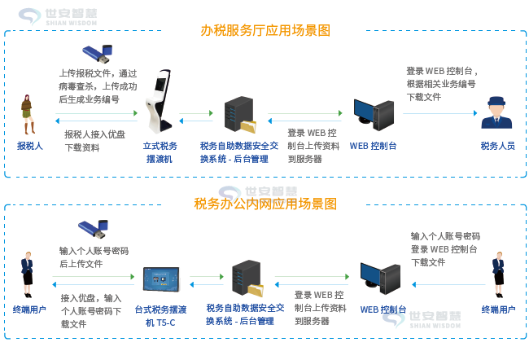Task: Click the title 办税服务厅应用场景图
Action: click(x=265, y=31)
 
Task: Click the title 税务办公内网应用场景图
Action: click(x=265, y=204)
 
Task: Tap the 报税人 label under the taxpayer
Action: click(x=29, y=147)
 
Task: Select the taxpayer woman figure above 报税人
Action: click(x=28, y=115)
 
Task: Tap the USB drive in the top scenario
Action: click(x=99, y=55)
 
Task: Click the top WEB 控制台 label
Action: click(x=373, y=147)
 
